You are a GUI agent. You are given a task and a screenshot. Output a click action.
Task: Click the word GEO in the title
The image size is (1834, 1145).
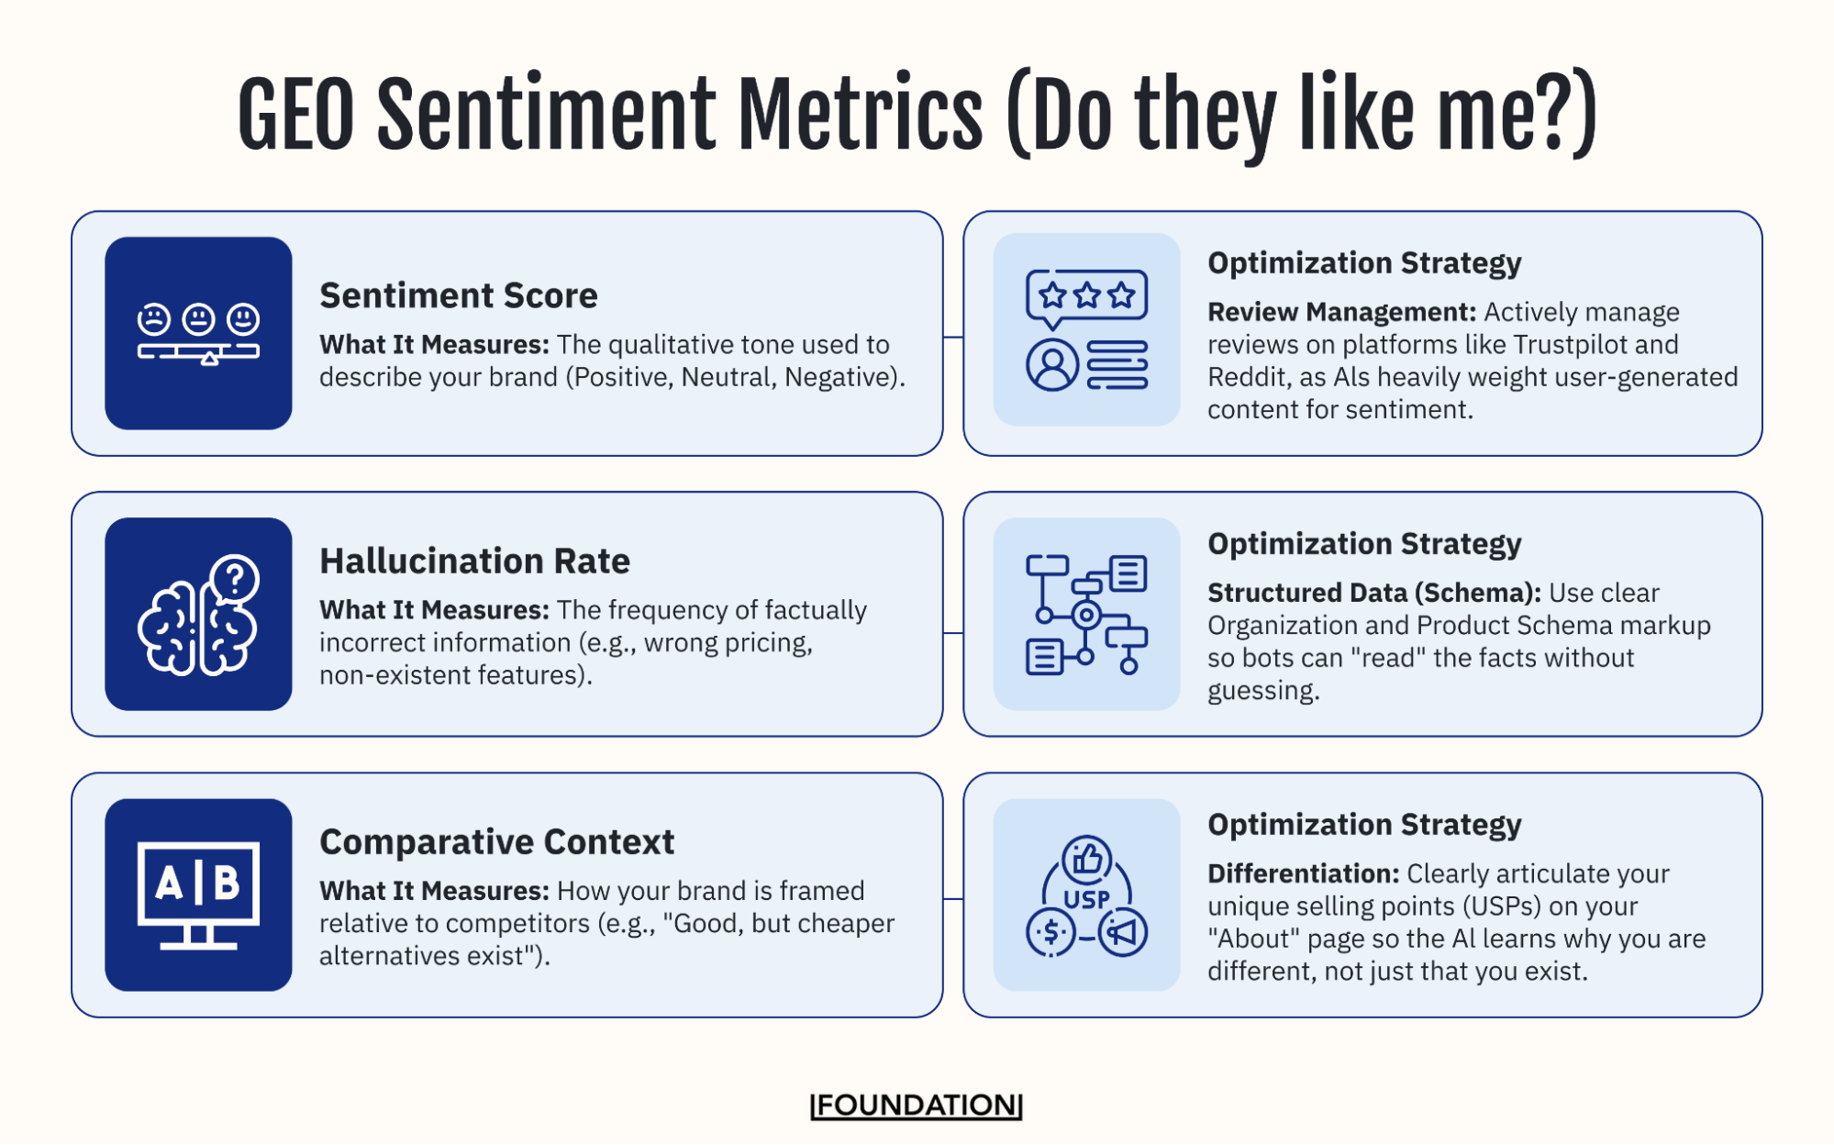point(295,115)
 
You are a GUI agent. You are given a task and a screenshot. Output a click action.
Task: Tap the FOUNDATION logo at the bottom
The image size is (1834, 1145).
point(916,1105)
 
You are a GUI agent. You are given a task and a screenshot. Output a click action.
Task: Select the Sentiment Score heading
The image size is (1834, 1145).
point(458,295)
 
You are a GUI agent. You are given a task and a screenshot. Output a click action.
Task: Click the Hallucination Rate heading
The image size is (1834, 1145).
point(474,561)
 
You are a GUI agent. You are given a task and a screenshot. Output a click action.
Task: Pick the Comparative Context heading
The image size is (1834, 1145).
point(496,841)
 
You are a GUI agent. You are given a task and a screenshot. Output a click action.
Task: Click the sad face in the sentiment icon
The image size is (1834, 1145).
point(153,319)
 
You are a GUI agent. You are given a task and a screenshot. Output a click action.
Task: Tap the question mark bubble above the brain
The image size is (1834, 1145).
point(235,579)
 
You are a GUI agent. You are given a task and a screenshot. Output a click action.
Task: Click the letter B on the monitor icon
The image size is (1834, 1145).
point(226,884)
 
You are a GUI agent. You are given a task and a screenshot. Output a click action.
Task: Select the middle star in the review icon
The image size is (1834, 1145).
point(1086,295)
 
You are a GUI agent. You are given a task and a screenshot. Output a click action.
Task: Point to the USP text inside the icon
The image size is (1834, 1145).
point(1086,899)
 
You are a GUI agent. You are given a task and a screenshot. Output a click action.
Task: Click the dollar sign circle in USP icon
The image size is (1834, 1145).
point(1050,933)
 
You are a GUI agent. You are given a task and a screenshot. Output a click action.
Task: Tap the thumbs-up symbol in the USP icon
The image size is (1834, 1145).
point(1086,859)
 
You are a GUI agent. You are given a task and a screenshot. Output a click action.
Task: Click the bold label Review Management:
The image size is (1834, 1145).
point(1340,312)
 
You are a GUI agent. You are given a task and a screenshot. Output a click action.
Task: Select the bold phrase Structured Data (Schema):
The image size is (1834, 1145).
point(1373,593)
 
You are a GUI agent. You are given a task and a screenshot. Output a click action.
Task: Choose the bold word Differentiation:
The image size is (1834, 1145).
point(1303,873)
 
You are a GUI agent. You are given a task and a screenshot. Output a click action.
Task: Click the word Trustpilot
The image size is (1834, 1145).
point(1569,344)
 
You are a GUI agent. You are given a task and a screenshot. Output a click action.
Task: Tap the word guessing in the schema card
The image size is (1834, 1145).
point(1262,691)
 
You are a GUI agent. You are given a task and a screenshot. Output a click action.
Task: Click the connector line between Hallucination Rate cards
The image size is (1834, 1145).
point(952,632)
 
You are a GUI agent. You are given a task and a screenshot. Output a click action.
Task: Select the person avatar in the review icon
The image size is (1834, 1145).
point(1051,364)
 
